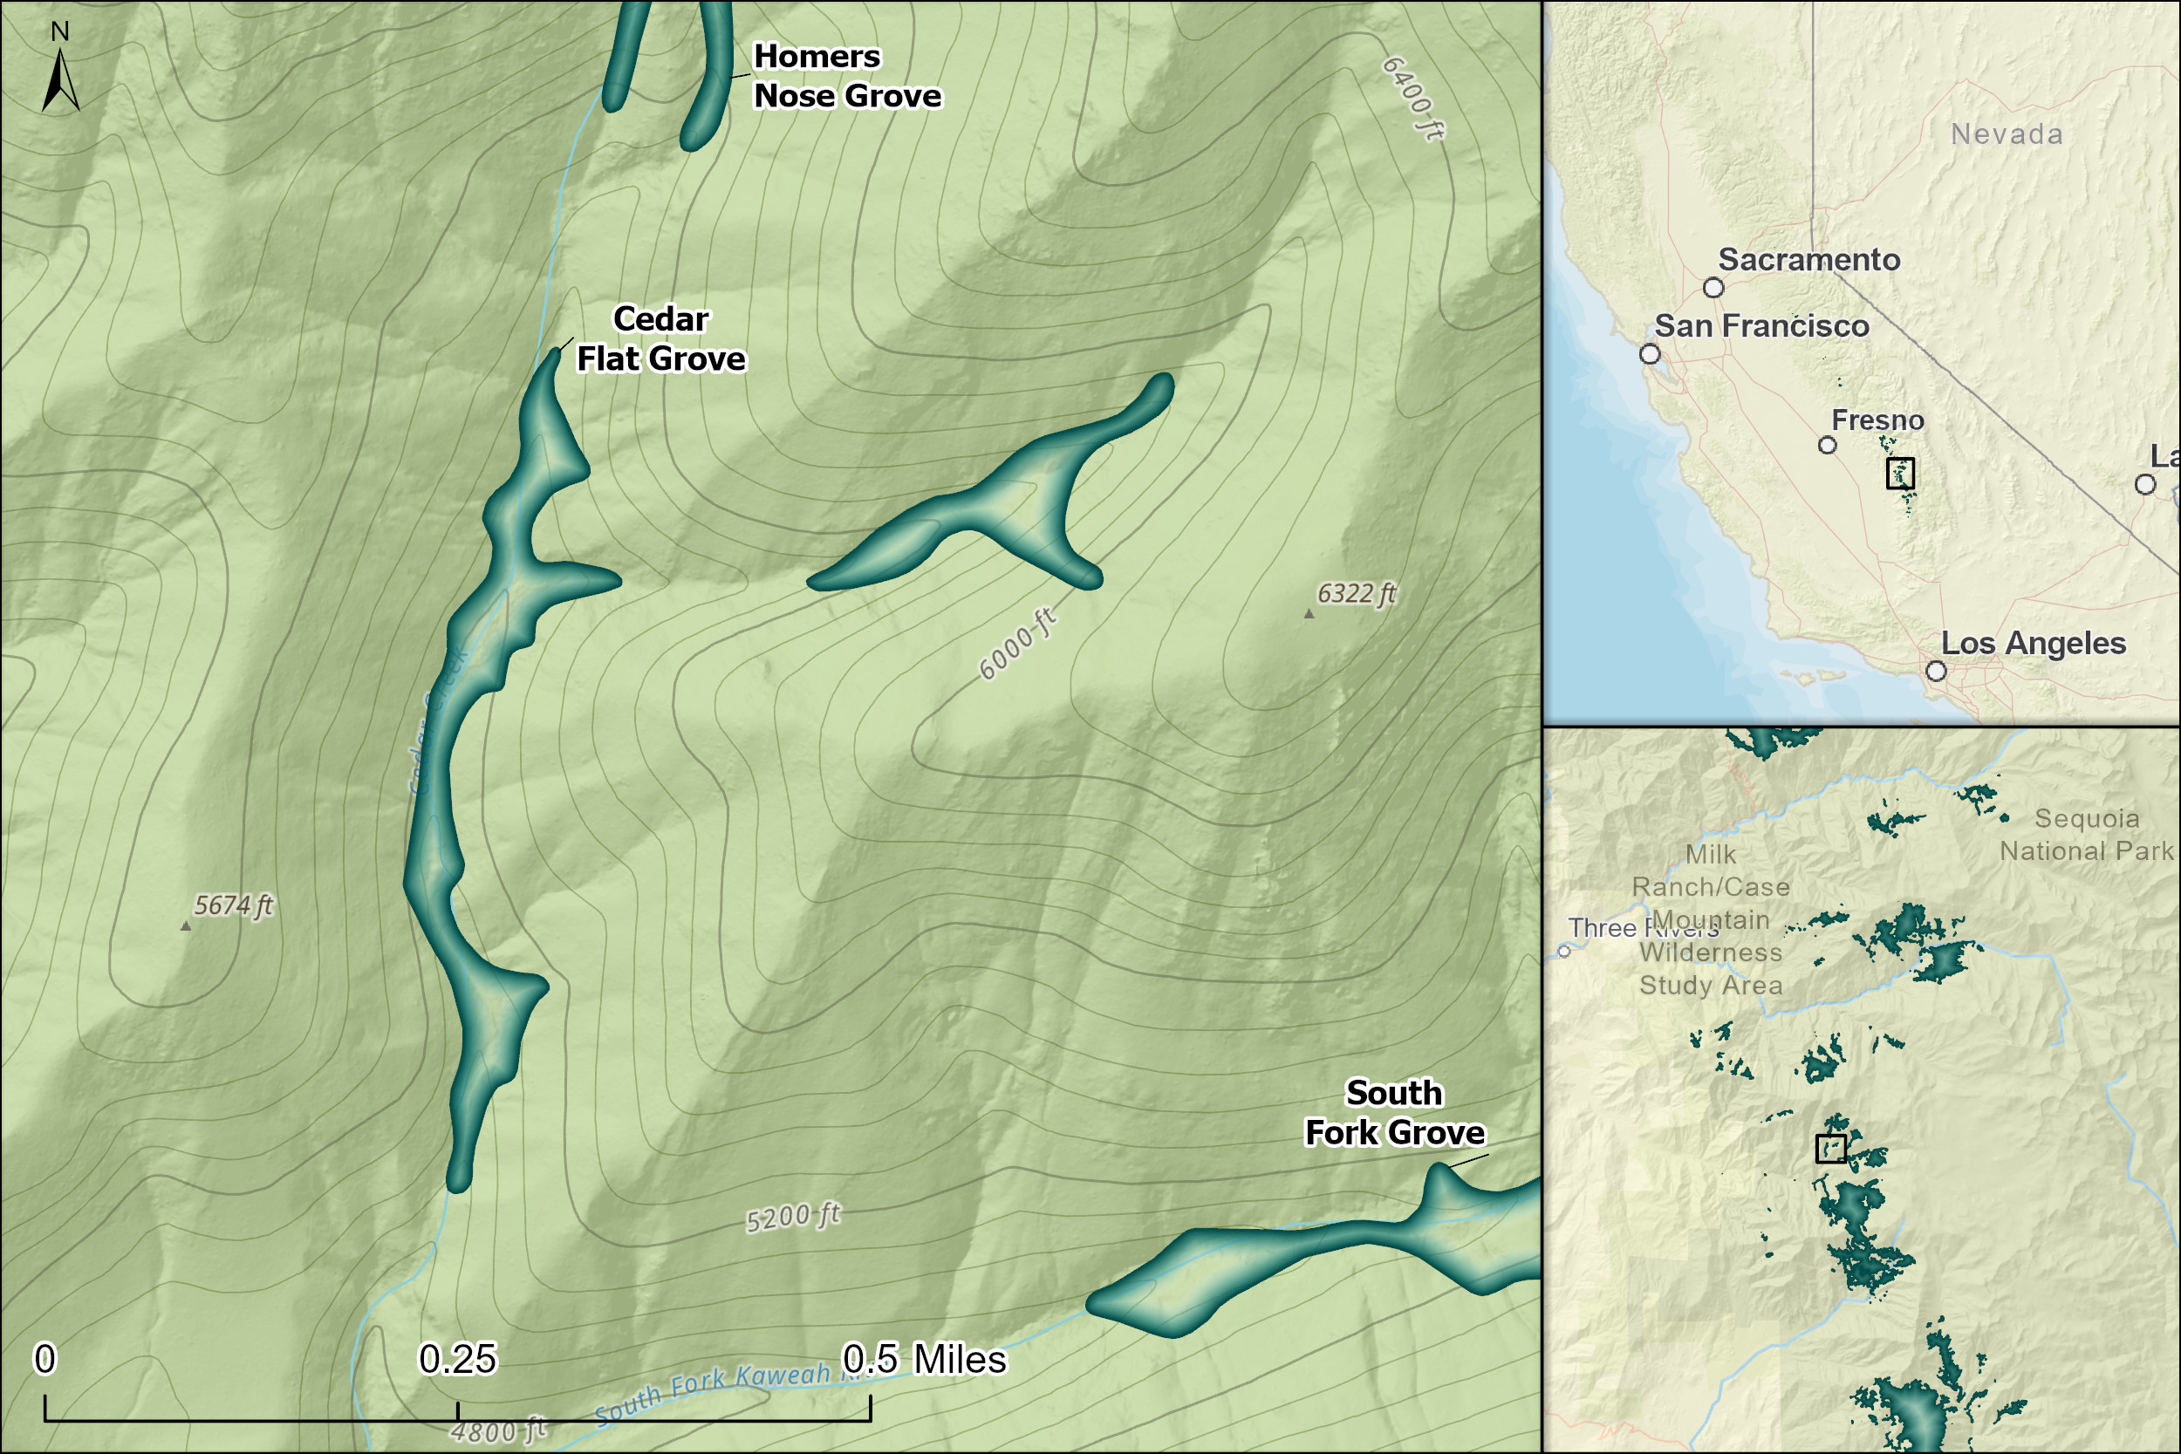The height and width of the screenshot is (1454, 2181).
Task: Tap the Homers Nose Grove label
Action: tap(845, 76)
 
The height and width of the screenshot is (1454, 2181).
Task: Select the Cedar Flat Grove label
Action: tap(660, 338)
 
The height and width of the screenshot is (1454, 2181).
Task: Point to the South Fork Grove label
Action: tap(1394, 1113)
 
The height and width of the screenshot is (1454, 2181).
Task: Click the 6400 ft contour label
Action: tap(1412, 99)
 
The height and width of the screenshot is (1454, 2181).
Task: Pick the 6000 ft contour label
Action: tap(1017, 644)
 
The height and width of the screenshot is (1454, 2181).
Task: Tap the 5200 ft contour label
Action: tap(793, 1217)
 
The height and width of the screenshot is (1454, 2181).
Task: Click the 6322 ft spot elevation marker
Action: tap(1309, 614)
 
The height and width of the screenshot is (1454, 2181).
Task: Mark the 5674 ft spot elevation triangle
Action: tap(186, 925)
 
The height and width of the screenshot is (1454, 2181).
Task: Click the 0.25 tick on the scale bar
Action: tap(457, 1410)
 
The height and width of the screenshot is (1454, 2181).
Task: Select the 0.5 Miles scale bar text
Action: tap(923, 1360)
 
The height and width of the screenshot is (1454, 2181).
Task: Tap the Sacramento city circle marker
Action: tap(1713, 288)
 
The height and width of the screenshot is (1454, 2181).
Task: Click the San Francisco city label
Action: tap(1761, 326)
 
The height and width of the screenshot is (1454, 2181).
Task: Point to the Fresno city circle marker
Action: tap(1827, 445)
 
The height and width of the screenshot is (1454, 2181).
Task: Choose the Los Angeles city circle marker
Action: tap(1936, 671)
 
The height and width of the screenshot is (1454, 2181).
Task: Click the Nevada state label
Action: tap(2007, 134)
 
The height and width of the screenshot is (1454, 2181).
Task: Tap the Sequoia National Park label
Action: tap(2087, 835)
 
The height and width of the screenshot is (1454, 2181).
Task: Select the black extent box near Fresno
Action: tap(1900, 473)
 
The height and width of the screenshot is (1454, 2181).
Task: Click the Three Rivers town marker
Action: tap(1563, 952)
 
